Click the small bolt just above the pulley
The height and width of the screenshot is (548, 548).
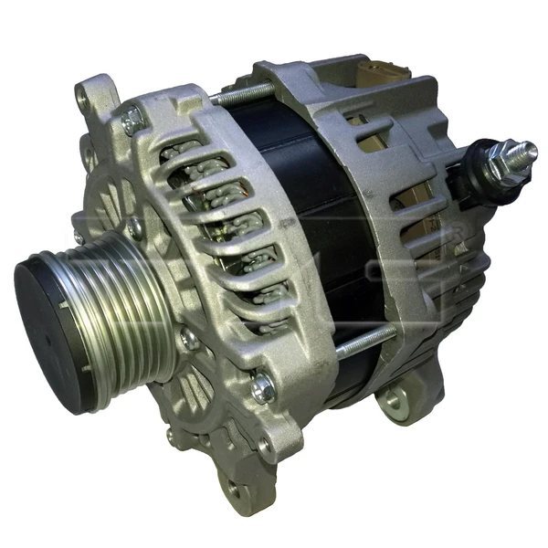click(x=134, y=226)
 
